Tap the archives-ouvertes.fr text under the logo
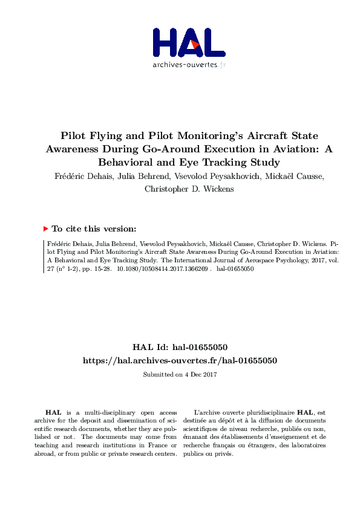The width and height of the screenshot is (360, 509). click(189, 65)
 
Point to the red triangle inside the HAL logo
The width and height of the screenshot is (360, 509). click(194, 44)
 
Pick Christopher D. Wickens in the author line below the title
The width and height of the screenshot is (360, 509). click(180, 188)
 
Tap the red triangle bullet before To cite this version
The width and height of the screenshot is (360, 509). click(45, 229)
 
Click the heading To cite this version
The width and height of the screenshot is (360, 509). click(94, 229)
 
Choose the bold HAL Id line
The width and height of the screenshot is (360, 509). click(180, 348)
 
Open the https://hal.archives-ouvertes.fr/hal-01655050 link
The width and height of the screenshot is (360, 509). click(180, 360)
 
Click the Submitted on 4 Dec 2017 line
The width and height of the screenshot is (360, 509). click(180, 375)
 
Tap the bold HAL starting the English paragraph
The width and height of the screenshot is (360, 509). click(54, 412)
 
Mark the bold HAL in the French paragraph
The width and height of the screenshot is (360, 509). click(305, 412)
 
